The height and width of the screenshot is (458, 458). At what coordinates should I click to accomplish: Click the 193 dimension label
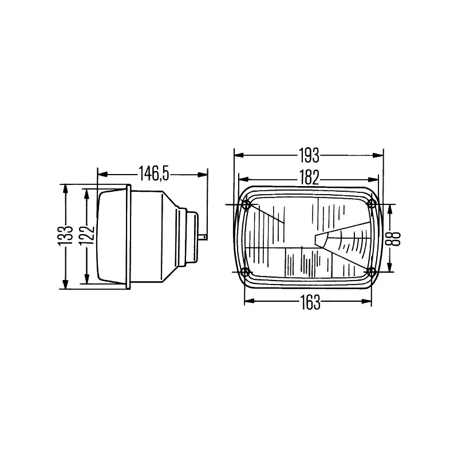[309, 155]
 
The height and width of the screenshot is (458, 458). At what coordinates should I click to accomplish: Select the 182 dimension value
[309, 177]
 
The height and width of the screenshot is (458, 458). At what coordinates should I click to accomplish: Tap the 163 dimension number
[310, 303]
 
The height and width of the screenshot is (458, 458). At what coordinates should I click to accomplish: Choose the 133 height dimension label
[68, 236]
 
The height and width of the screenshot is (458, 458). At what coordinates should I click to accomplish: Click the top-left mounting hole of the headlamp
[246, 204]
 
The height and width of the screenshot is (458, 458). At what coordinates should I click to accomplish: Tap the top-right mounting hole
[372, 204]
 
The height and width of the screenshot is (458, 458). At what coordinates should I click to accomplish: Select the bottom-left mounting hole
[246, 271]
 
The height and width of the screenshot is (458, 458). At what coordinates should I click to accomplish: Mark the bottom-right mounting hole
[372, 271]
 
